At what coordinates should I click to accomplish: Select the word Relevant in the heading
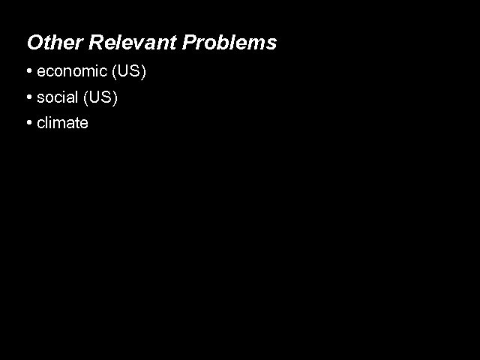[132, 43]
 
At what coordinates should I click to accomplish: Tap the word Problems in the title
[230, 43]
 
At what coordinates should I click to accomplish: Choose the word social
[57, 97]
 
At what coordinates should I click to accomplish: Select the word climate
[62, 122]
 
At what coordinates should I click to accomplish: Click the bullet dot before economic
[28, 73]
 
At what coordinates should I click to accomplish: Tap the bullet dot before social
[28, 97]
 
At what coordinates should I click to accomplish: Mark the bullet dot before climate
[28, 122]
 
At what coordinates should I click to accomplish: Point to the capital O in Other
[34, 43]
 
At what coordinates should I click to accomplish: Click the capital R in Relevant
[96, 43]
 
